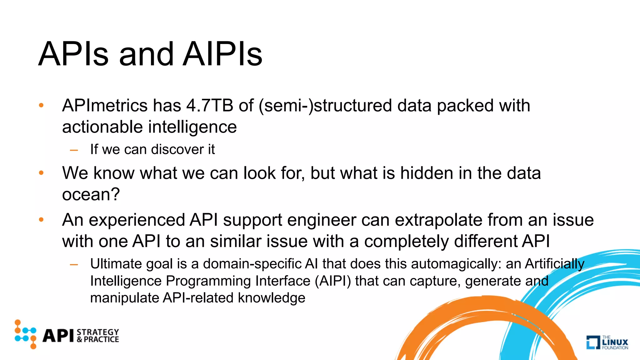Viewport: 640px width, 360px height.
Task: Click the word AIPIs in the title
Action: pos(222,54)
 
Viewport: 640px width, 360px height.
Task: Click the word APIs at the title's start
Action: pos(73,54)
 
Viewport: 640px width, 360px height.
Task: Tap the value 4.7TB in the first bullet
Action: pos(210,105)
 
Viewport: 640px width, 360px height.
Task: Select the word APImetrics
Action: pos(105,105)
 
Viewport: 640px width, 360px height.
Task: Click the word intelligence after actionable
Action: pos(192,127)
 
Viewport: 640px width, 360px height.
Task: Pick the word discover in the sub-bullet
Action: pos(177,149)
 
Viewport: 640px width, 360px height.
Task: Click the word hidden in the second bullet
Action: pos(427,173)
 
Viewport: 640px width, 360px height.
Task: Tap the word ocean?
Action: pos(91,194)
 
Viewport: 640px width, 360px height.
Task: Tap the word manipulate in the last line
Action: pos(124,298)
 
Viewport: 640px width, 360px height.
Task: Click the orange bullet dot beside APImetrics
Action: pos(41,105)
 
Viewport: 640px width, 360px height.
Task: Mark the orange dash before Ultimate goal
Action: pos(74,264)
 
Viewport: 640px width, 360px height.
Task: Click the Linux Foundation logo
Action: pos(607,342)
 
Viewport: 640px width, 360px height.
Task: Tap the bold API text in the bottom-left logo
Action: pos(58,336)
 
